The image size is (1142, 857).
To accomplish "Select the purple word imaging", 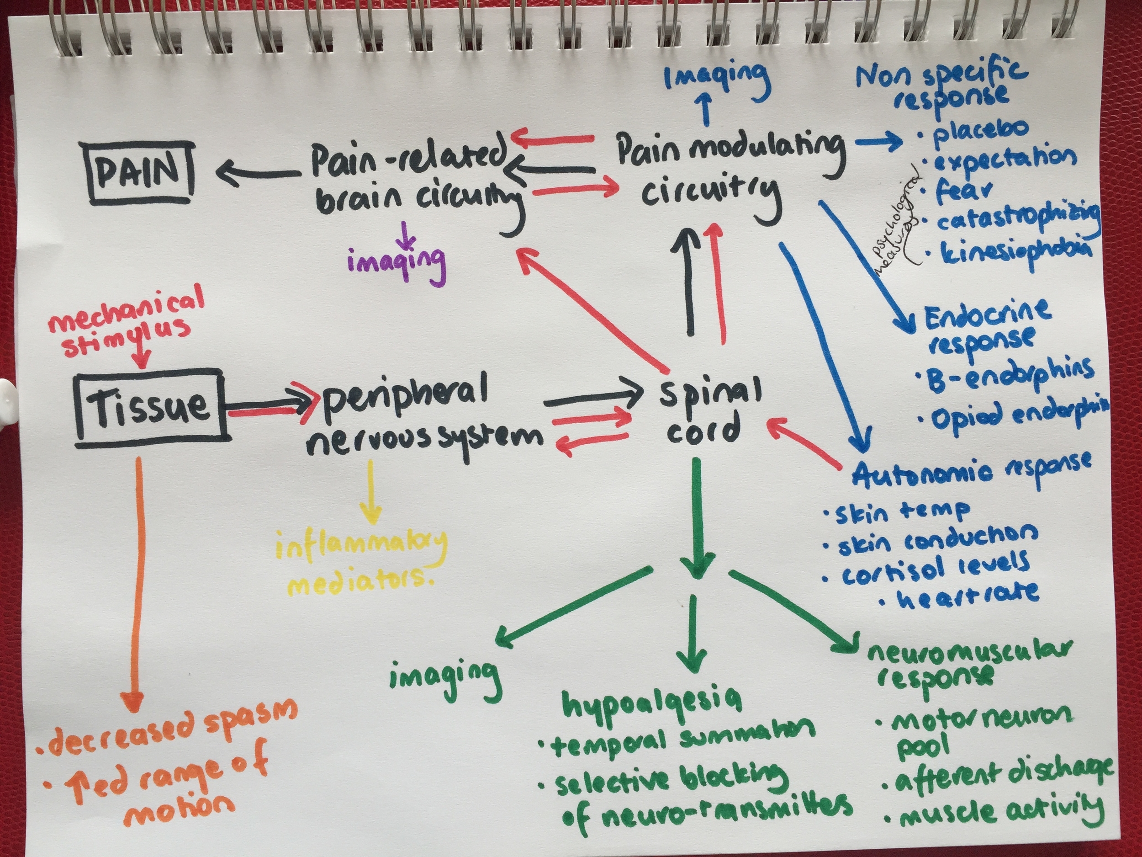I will click(x=396, y=262).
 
